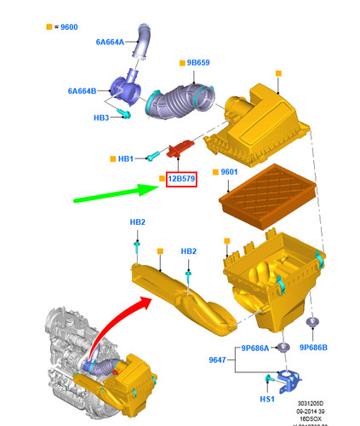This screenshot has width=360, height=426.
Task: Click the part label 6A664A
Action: pyautogui.click(x=110, y=41)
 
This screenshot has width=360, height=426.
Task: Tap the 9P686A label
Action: pyautogui.click(x=254, y=348)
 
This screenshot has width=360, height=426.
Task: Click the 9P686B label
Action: pyautogui.click(x=314, y=348)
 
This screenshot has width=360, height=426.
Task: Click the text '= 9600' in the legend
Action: pyautogui.click(x=66, y=27)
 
